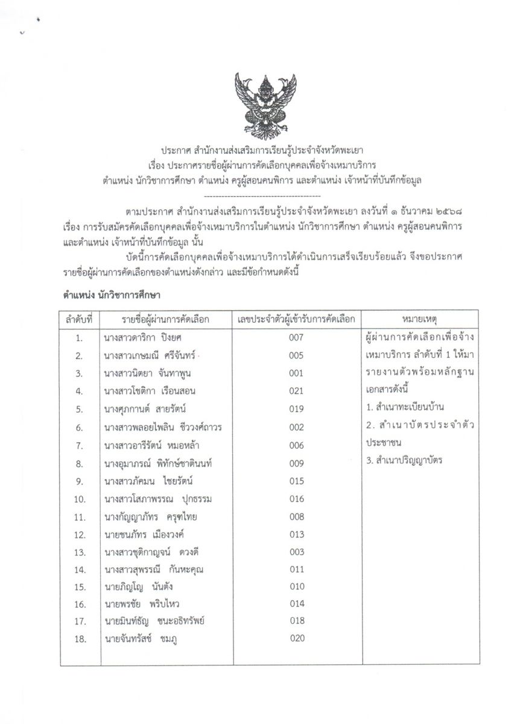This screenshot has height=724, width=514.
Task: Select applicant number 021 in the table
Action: coord(296,392)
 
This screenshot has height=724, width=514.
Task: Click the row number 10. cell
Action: coord(79,499)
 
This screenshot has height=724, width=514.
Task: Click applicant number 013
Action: coord(296,535)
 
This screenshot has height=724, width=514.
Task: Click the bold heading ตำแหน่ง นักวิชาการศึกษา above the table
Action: coord(114,296)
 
